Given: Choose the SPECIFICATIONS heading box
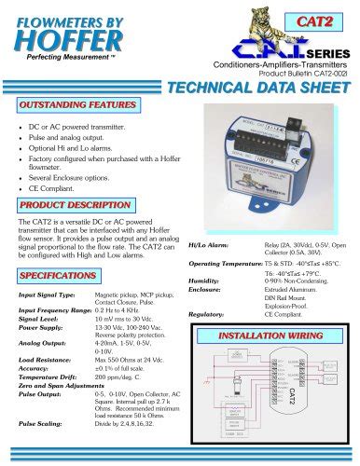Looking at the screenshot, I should [x=58, y=277].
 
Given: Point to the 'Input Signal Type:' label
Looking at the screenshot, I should [x=48, y=295].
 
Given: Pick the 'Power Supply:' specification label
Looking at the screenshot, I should [x=40, y=328].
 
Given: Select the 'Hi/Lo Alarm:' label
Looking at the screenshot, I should [x=208, y=245].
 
